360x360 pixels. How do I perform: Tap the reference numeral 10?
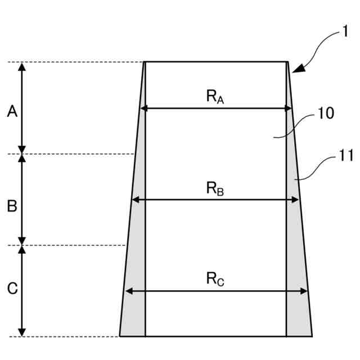pos(326,113)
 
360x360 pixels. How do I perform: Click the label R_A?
pos(215,97)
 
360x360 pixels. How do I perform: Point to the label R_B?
pos(215,188)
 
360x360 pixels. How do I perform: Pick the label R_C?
pos(215,279)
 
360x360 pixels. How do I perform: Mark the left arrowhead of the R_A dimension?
pos(144,108)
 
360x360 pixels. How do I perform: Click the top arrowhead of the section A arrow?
pos(22,66)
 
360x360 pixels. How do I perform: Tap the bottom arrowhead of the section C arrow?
pos(22,332)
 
